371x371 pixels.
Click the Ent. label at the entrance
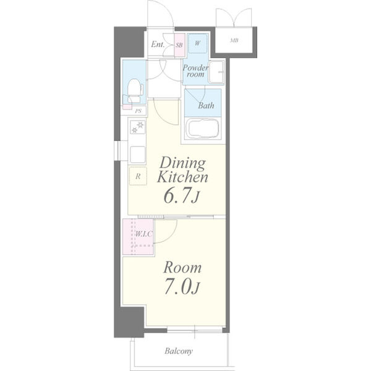point(158,45)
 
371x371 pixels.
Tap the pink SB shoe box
point(179,45)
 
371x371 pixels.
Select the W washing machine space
point(198,43)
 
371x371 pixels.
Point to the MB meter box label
point(234,40)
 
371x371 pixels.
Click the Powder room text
point(195,71)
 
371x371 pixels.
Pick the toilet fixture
point(134,91)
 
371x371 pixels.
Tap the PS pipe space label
point(139,111)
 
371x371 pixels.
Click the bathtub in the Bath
point(202,129)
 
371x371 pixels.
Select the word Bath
point(206,106)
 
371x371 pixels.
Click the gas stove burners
point(137,127)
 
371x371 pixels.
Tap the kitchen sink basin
point(137,155)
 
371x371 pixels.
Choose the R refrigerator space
point(138,176)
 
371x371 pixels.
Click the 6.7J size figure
point(181,197)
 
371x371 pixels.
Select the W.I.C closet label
point(143,234)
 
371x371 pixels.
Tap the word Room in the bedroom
point(182,268)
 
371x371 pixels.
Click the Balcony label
point(179,351)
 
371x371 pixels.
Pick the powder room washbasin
point(216,72)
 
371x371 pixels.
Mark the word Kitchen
point(182,177)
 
